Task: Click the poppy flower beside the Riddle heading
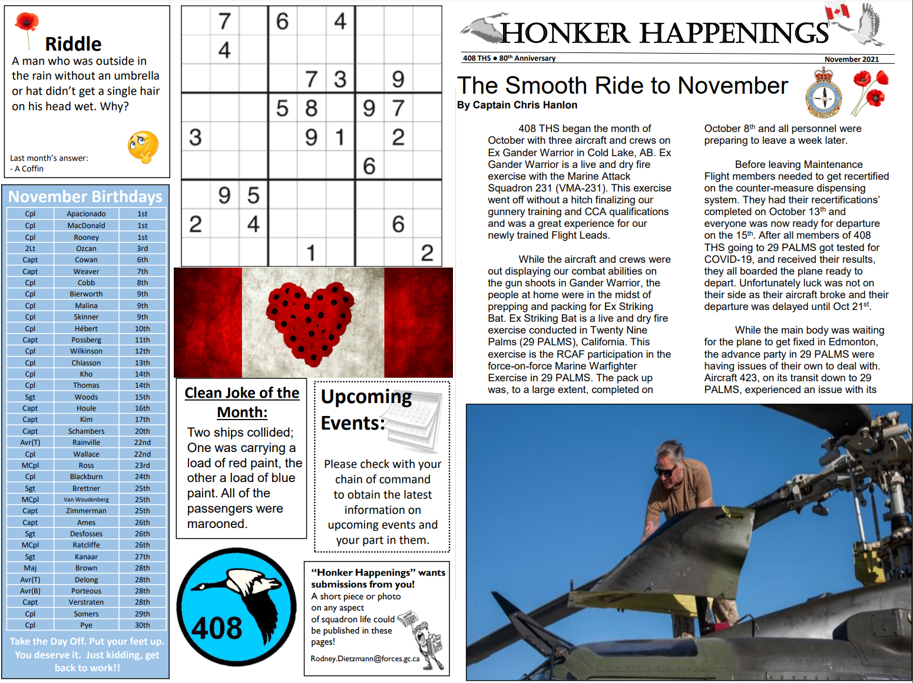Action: coord(27,23)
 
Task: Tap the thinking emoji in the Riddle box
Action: coord(143,147)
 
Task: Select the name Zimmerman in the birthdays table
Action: coord(86,511)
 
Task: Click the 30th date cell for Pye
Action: coord(142,625)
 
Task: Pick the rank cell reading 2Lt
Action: coord(30,249)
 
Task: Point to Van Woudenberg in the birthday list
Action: coord(86,500)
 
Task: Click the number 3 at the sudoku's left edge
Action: coord(196,137)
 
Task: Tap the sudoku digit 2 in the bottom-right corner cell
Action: coord(427,253)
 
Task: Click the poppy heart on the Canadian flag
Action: coord(311,321)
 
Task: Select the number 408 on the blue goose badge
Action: coord(217,628)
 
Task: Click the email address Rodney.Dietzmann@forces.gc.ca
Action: coord(365,659)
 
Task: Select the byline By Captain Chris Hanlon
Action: coord(517,105)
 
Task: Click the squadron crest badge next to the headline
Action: coord(823,93)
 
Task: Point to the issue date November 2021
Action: coord(851,60)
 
